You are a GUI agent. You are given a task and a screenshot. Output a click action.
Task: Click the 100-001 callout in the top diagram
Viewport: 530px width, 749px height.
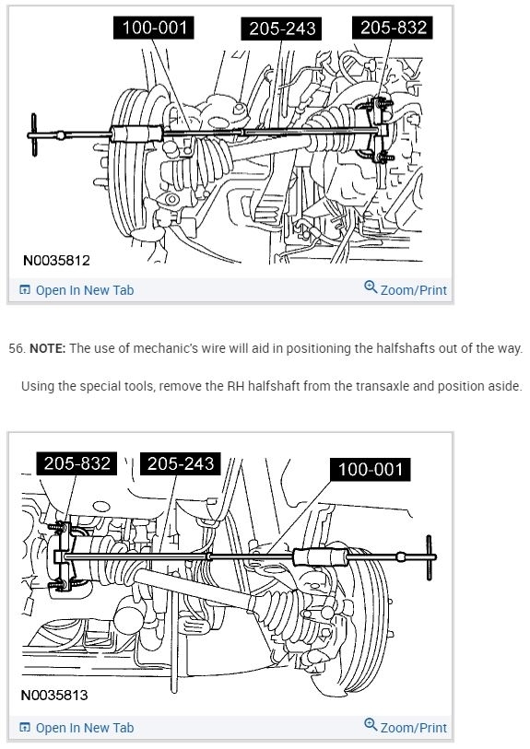pos(154,28)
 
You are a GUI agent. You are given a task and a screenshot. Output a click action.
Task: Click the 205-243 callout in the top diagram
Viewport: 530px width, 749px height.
pos(282,29)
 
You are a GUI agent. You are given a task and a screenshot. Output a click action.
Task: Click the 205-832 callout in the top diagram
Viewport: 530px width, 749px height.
pos(393,28)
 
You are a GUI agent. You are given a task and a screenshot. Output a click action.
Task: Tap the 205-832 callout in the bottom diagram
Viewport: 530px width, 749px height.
pos(77,463)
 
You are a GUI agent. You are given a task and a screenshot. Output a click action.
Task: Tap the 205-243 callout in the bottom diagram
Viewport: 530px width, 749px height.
pos(180,463)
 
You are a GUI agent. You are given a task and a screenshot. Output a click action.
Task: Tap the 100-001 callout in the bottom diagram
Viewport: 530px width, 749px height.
pos(371,469)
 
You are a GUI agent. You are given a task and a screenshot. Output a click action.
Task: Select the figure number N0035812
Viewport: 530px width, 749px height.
pos(56,261)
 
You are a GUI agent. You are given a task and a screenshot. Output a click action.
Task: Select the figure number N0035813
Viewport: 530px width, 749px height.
pos(54,695)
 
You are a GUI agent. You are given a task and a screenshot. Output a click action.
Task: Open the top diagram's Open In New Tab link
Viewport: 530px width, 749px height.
pos(77,290)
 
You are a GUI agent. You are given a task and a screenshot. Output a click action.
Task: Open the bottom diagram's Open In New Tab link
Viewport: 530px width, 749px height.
pos(77,728)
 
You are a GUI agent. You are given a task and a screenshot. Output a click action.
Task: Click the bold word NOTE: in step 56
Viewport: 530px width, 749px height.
pos(47,348)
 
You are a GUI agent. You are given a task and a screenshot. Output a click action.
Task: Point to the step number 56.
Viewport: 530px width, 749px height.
pos(17,348)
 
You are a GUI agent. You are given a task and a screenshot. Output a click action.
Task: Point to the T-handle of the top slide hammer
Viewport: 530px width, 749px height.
pos(34,135)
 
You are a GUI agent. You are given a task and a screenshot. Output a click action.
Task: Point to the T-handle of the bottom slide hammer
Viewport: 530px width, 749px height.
pos(430,557)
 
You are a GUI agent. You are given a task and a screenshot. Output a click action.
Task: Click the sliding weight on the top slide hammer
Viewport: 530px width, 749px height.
pos(136,134)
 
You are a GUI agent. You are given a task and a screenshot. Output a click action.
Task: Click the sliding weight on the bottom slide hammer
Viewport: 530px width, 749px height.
pos(320,557)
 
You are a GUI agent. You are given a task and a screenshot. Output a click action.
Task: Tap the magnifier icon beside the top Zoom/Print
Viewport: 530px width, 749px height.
pos(371,287)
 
